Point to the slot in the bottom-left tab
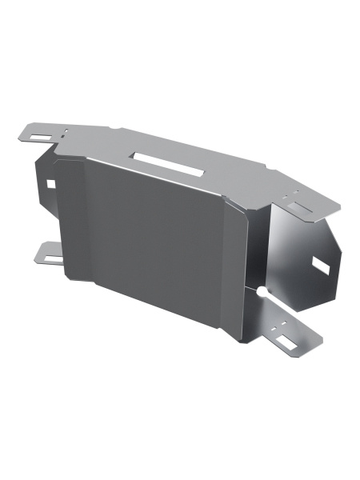[x=50, y=257]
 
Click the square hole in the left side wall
[x=50, y=183]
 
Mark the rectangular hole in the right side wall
[x=320, y=264]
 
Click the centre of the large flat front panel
[x=160, y=232]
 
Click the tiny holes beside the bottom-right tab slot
[x=276, y=328]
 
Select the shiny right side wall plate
[x=300, y=256]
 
